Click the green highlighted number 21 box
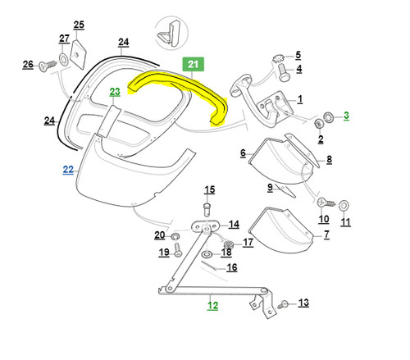[194, 64]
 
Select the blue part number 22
[68, 170]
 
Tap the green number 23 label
[115, 92]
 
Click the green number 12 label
[212, 305]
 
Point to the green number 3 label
[346, 116]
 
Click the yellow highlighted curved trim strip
[179, 90]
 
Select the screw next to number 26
[48, 66]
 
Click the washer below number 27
[64, 59]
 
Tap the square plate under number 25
[78, 54]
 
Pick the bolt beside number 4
[283, 72]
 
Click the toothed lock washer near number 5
[279, 58]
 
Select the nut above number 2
[319, 123]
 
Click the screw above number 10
[326, 203]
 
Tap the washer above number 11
[344, 206]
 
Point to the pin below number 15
[208, 209]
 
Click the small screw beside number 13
[283, 304]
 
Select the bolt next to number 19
[177, 249]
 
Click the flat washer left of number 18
[207, 255]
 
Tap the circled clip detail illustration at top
[171, 33]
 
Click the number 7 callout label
[326, 235]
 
